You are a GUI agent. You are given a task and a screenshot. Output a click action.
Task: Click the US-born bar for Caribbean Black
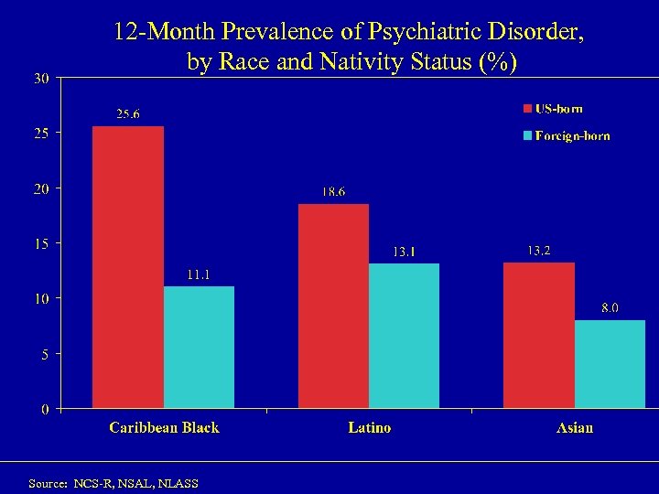coord(128,267)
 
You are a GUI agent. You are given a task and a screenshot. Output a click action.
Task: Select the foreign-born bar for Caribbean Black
coord(199,347)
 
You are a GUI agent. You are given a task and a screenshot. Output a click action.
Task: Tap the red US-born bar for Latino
coord(334,306)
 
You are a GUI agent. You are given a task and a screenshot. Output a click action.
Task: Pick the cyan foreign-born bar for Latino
coord(404,336)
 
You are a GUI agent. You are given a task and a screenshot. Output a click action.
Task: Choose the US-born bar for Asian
coord(539,335)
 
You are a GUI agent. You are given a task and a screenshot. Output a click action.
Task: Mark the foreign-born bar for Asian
coord(610,363)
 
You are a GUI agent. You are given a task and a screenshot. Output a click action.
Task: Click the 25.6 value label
coord(127,114)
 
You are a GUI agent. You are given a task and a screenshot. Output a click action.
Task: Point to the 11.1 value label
coord(199,274)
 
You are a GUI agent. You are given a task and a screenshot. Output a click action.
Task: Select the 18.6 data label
coord(333,192)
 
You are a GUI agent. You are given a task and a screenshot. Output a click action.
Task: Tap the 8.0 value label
coord(610,308)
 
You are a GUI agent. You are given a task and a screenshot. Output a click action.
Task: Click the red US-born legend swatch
coord(527,110)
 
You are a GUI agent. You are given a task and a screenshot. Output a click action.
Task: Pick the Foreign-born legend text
coord(573,136)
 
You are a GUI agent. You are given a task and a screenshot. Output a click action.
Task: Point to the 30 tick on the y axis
coord(42,79)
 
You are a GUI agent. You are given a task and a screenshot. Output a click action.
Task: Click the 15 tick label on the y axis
coord(42,243)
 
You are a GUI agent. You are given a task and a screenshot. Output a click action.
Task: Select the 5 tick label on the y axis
coord(45,353)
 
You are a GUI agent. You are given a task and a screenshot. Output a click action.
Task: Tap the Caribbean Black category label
coord(164,427)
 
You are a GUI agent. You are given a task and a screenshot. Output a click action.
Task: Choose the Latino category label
coord(369,427)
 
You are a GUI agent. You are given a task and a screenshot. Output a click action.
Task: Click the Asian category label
coord(575,427)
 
